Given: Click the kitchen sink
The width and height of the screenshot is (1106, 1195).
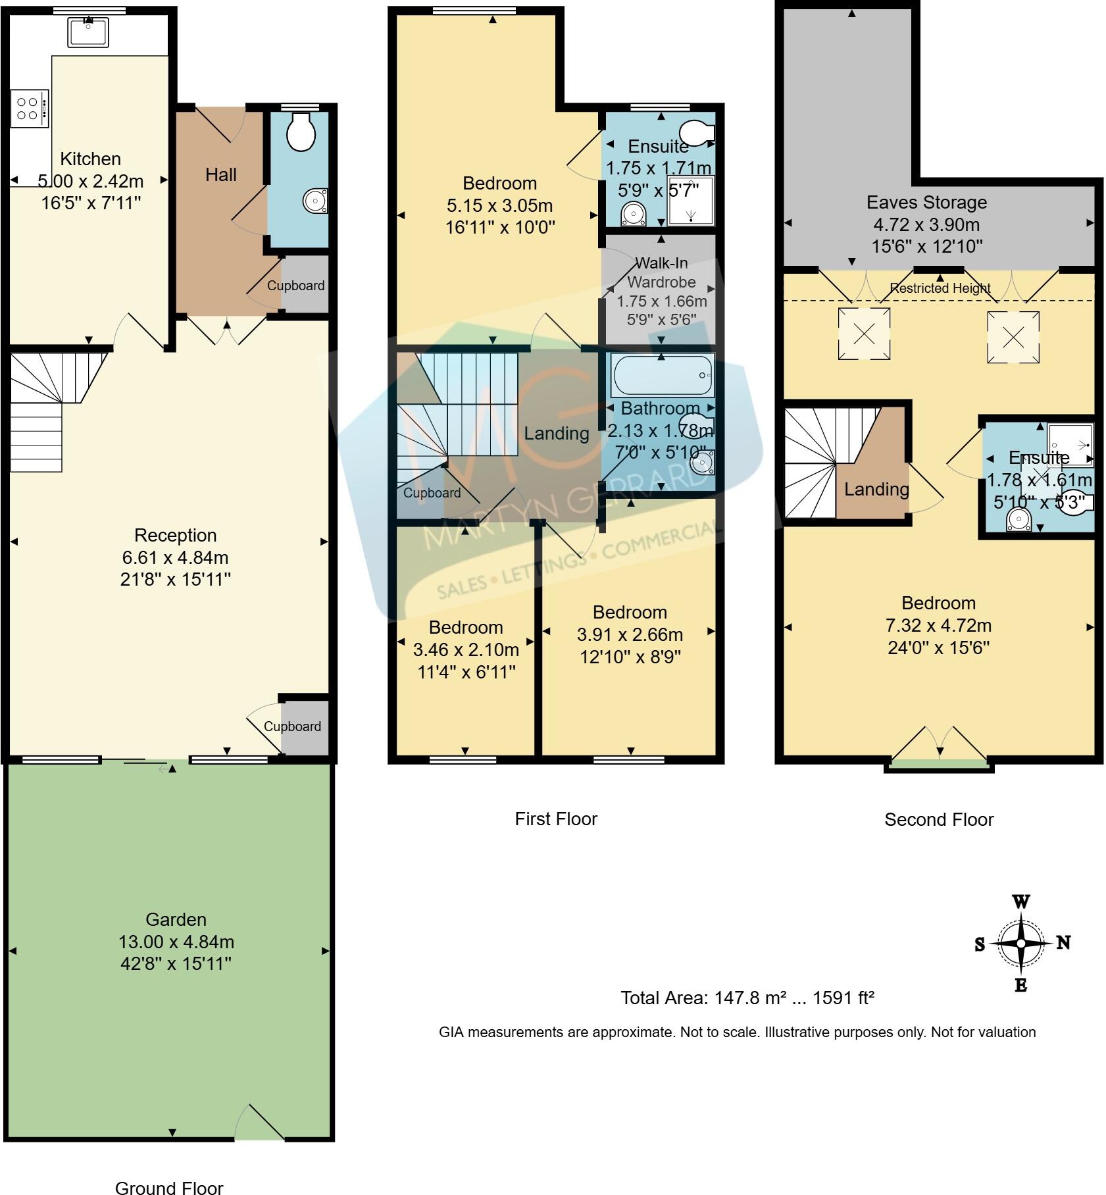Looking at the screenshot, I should (88, 33).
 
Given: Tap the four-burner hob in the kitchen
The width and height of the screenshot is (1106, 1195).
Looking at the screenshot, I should (29, 109).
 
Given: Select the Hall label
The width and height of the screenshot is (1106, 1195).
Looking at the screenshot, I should (220, 175).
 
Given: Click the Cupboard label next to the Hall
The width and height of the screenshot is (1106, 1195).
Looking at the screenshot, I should (295, 286).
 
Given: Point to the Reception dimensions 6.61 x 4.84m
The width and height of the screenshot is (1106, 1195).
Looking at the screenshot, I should (175, 557).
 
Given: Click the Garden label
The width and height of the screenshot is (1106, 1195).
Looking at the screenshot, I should (176, 919).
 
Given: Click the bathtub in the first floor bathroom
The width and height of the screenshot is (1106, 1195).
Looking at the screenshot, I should (661, 375).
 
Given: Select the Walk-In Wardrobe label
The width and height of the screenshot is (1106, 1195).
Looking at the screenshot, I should (661, 272).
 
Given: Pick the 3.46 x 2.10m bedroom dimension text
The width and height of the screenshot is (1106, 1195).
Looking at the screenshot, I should (466, 649).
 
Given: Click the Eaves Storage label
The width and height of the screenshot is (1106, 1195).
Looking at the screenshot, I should (926, 202).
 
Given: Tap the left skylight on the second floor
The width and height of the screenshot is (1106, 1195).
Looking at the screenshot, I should (864, 335).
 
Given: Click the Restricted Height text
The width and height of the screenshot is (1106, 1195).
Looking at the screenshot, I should (940, 288).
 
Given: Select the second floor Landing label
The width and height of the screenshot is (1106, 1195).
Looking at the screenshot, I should (876, 489).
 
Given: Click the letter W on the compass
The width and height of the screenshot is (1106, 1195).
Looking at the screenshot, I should (1020, 901).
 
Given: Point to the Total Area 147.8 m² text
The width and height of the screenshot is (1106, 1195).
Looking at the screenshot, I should (747, 998).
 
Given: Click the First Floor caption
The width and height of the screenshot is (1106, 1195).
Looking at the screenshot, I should (555, 819).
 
